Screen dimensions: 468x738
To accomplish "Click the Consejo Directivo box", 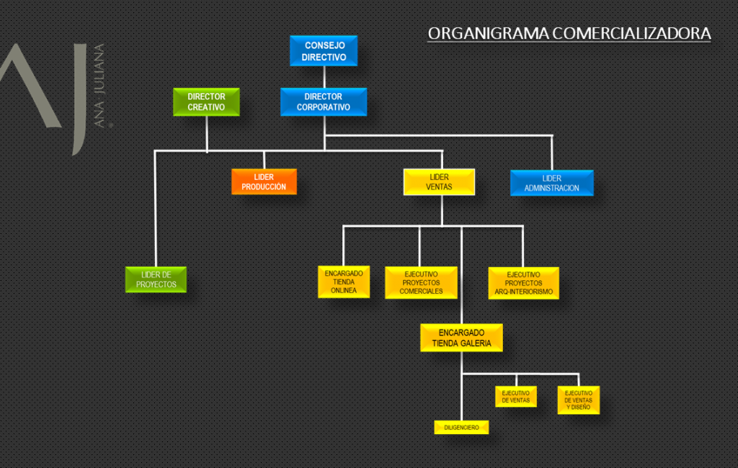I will [x=324, y=51].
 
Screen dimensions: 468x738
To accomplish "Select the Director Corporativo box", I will [x=324, y=102].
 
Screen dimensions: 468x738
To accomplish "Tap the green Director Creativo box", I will [x=206, y=102].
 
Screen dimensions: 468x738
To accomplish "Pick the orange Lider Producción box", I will [x=264, y=181].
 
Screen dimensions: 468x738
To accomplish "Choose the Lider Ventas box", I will [x=439, y=182].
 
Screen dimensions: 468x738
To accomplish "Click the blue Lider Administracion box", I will [x=551, y=183].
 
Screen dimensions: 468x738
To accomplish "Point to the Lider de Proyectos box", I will [x=156, y=279].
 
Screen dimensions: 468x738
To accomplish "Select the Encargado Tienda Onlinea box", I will [x=344, y=282].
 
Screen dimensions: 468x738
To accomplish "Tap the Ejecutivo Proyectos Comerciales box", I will [x=421, y=282].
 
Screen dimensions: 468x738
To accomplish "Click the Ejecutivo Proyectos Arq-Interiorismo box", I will [x=523, y=283].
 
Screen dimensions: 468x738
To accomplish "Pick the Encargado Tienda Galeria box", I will [x=461, y=338].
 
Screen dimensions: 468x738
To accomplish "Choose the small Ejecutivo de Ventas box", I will [x=515, y=397].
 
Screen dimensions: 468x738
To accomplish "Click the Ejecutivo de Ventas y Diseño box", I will [x=578, y=400].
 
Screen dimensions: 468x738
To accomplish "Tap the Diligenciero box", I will [x=461, y=427].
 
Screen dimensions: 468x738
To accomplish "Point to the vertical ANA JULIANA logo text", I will [x=99, y=86].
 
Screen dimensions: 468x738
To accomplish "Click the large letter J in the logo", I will [x=76, y=101].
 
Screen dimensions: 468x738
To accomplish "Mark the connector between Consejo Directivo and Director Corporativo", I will [x=324, y=77].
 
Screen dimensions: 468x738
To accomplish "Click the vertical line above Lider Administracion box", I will [x=551, y=152].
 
